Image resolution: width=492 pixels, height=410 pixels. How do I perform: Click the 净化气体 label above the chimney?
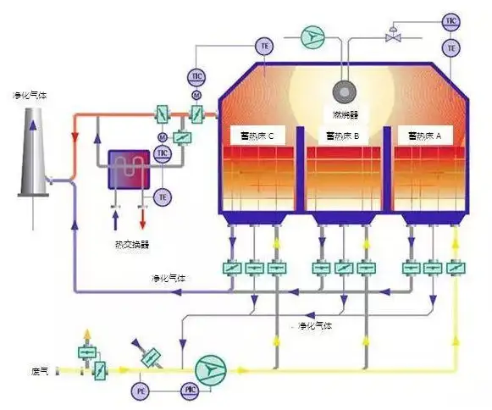point(29,95)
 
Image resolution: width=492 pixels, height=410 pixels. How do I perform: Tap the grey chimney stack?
point(32,161)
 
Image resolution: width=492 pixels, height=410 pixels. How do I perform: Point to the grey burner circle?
point(345,91)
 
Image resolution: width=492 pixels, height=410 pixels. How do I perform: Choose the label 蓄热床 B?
point(343,135)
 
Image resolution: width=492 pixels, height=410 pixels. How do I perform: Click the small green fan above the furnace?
point(313,36)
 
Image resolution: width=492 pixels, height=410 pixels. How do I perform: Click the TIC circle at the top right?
point(451,19)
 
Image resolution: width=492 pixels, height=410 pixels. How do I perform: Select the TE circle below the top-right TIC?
point(451,47)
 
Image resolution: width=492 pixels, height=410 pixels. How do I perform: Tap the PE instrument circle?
point(140,390)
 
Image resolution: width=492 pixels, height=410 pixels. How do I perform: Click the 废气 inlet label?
point(40,370)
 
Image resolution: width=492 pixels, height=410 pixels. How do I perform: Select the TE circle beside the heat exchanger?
point(163,197)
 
